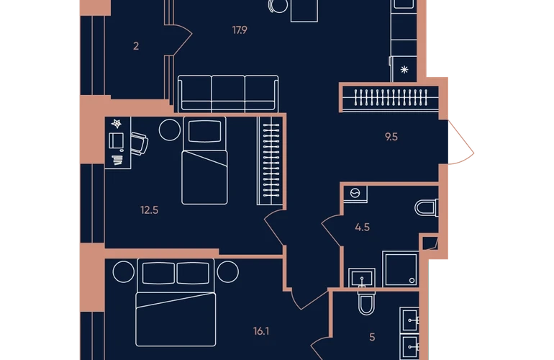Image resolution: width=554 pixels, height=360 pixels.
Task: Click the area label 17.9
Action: pos(240,30)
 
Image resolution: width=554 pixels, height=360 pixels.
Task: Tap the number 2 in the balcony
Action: pos(136,46)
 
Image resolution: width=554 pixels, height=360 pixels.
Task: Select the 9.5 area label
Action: pos(391,137)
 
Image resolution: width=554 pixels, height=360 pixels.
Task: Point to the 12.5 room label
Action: pos(149,210)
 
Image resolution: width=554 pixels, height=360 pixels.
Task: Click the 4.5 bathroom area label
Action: pos(362,227)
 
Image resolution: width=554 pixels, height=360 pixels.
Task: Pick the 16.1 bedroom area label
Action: pos(261,331)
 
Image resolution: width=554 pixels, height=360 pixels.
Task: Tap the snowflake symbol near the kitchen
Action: pos(404,70)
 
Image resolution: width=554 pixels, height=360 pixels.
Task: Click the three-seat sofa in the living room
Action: pos(228,94)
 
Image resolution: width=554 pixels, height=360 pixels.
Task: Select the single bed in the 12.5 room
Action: pos(204,161)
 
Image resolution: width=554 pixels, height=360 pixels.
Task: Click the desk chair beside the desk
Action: pos(140,143)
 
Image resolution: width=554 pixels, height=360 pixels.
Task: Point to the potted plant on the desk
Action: pos(117,123)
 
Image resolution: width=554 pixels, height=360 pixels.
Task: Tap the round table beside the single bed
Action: pos(170,130)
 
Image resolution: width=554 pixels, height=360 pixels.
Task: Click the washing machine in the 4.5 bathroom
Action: pos(355,194)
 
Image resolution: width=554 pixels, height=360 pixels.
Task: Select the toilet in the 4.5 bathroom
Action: pos(427,207)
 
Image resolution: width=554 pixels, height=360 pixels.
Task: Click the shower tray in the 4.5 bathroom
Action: pos(401,269)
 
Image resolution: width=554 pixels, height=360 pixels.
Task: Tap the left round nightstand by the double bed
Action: pos(124,272)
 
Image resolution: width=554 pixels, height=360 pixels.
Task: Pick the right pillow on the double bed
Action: pos(193,273)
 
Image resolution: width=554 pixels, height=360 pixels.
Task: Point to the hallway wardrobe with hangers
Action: pos(391,98)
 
